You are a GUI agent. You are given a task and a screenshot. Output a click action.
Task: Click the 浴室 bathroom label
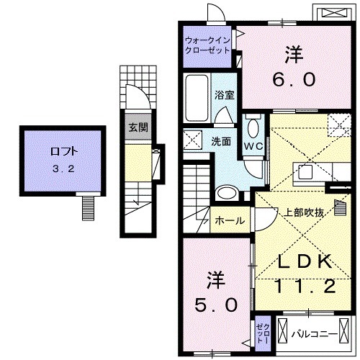[224, 94]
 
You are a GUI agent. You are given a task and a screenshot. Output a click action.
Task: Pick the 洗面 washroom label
[220, 141]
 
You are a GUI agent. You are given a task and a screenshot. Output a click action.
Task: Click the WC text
[252, 146]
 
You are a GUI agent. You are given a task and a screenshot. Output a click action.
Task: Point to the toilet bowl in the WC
[253, 130]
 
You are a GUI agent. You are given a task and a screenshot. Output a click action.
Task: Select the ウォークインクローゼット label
[207, 45]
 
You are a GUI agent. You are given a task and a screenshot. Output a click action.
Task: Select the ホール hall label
[230, 220]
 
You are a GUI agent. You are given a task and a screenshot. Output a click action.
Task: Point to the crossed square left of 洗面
[192, 139]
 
